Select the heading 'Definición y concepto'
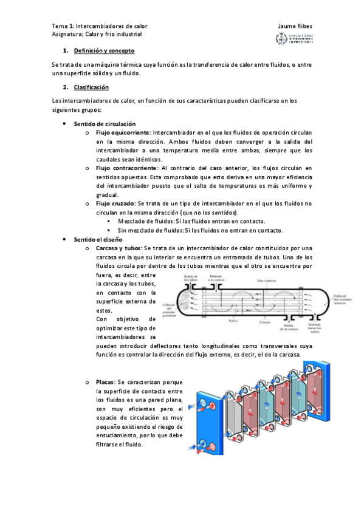click(x=104, y=50)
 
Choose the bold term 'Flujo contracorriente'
click(x=126, y=168)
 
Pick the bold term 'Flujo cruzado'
click(x=115, y=203)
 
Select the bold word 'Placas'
click(x=105, y=381)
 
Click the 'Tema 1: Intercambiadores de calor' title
click(x=100, y=26)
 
